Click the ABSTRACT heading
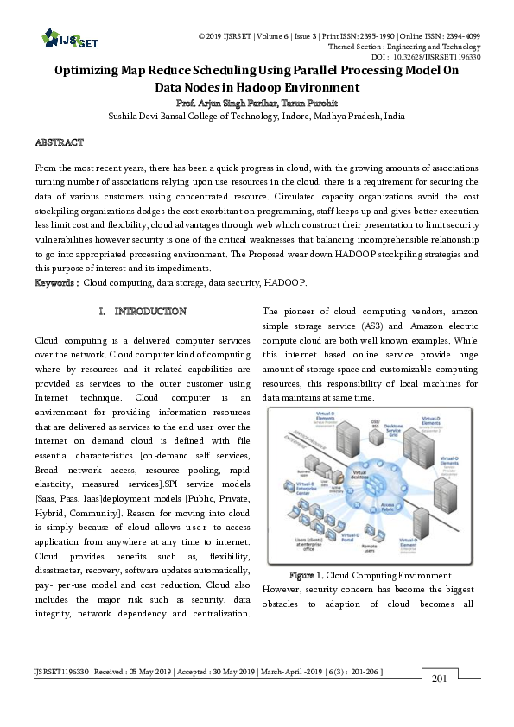coord(59,142)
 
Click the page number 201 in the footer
coord(439,679)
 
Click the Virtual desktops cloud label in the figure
coord(360,473)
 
